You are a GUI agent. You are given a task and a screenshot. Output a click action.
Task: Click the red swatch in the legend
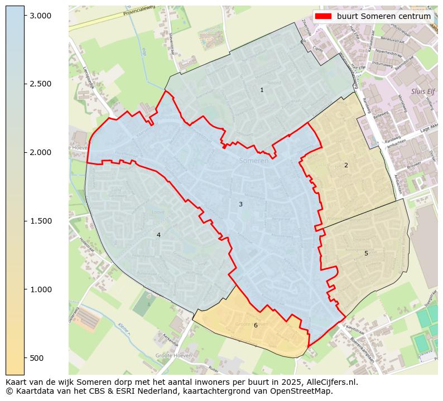click(323, 16)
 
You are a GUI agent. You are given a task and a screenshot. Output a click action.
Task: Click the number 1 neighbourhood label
click(262, 90)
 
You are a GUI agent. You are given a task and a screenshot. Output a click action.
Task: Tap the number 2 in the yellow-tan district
click(346, 165)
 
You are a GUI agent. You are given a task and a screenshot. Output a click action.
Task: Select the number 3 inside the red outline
click(240, 204)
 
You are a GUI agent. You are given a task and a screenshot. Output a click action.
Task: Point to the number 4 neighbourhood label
click(158, 235)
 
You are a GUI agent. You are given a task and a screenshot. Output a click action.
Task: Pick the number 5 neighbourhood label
click(366, 253)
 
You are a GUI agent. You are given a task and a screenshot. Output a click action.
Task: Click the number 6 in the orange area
click(256, 325)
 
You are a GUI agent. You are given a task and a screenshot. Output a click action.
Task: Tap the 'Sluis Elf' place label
click(422, 91)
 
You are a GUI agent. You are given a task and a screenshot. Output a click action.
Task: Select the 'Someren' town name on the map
click(254, 161)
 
